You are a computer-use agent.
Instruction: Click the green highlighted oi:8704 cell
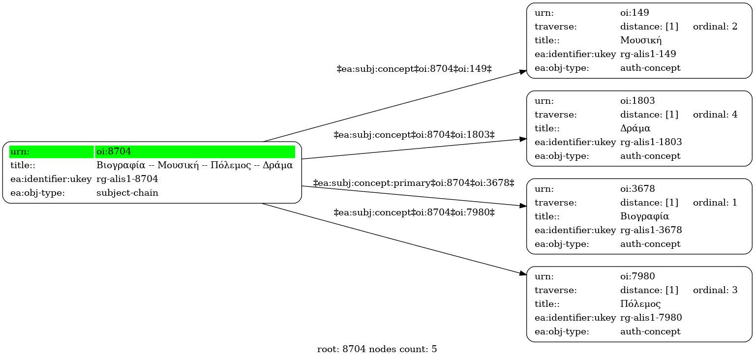(x=195, y=151)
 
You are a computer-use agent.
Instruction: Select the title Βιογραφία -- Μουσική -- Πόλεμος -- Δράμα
(x=194, y=165)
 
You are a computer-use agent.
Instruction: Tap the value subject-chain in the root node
(x=127, y=193)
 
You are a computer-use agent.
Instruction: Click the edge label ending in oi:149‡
(x=414, y=69)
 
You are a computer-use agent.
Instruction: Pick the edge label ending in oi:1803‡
(x=414, y=135)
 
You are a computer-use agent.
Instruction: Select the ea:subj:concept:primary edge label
(x=414, y=183)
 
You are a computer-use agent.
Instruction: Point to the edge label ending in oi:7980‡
(x=414, y=212)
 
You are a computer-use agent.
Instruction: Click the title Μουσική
(x=641, y=40)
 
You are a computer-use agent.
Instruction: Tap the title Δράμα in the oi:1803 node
(x=635, y=128)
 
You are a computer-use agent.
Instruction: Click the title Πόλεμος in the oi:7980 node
(x=640, y=304)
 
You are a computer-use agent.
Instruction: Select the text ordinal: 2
(x=715, y=27)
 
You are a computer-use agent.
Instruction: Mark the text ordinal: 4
(x=715, y=115)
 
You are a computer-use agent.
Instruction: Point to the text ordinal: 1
(x=715, y=203)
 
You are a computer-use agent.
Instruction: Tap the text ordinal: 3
(x=715, y=290)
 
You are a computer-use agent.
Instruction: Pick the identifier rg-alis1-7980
(x=651, y=318)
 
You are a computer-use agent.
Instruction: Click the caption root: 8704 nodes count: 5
(x=377, y=349)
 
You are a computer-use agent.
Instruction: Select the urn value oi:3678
(x=638, y=189)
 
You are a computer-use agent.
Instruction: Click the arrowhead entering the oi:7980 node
(x=523, y=274)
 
